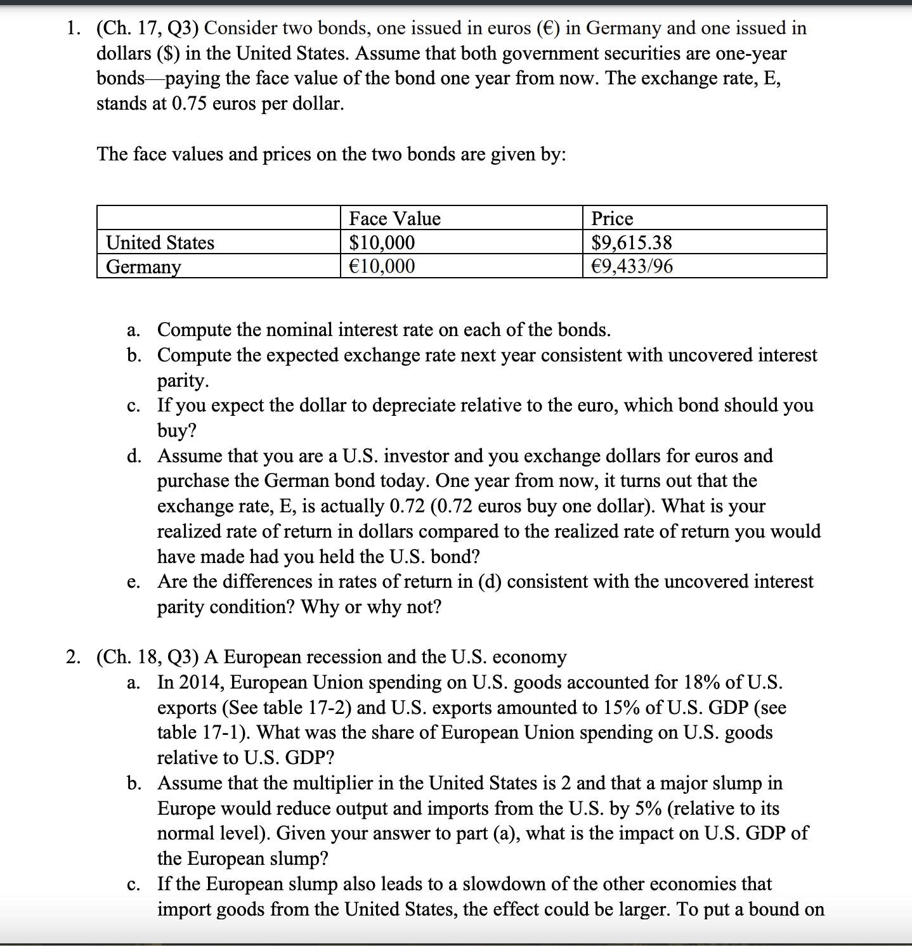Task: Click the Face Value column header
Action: pyautogui.click(x=394, y=219)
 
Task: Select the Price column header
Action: pyautogui.click(x=612, y=219)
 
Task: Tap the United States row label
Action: pyautogui.click(x=160, y=243)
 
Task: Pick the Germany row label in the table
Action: pyautogui.click(x=143, y=267)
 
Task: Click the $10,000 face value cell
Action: pyautogui.click(x=382, y=243)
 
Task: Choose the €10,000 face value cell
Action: pyautogui.click(x=382, y=266)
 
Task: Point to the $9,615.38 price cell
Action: pyautogui.click(x=632, y=243)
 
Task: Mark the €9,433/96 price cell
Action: pyautogui.click(x=632, y=266)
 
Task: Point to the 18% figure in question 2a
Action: pyautogui.click(x=701, y=682)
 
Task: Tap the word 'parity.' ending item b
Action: pyautogui.click(x=183, y=380)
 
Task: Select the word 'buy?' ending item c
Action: pyautogui.click(x=177, y=431)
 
